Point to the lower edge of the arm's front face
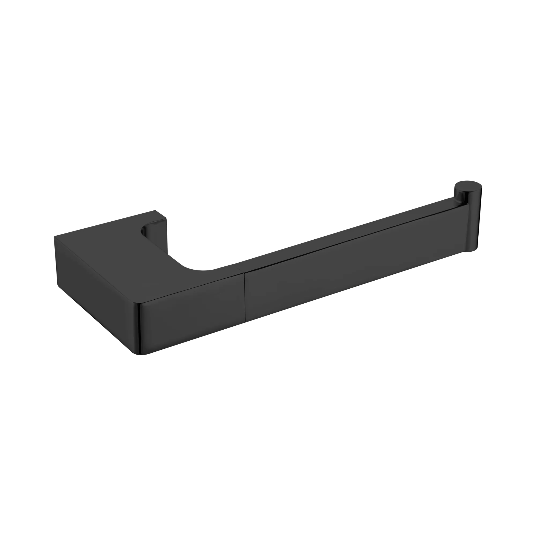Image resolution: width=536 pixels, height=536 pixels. click(347, 301)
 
